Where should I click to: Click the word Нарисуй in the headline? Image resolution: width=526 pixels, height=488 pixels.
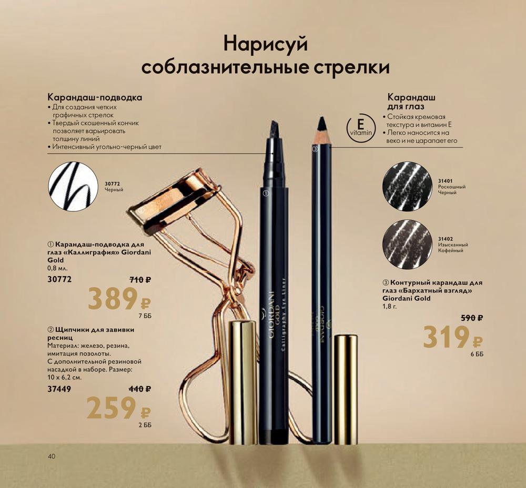pos(265,45)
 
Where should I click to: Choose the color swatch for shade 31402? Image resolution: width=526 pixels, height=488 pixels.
pos(407,242)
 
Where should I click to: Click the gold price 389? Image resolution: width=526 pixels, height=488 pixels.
pos(113,299)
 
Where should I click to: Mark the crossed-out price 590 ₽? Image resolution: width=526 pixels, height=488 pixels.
pos(472,318)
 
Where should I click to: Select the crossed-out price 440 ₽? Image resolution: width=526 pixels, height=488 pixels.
pos(140,389)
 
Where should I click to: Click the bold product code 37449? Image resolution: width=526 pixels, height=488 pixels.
pos(59,389)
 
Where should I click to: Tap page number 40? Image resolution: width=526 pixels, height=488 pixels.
pos(52,456)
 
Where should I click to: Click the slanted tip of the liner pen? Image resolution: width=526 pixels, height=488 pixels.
pos(275,127)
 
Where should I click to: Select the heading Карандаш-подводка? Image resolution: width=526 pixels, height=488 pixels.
pos(95,98)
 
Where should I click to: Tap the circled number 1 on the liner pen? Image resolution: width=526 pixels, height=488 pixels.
pos(266,193)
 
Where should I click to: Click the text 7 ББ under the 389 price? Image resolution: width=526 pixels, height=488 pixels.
pos(145,316)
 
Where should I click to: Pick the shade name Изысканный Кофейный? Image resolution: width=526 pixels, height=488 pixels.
pos(453,248)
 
